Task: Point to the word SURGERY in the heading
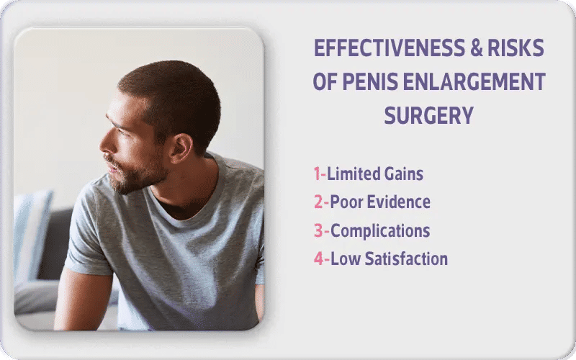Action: (429, 115)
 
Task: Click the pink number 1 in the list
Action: (317, 174)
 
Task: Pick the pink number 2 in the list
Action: (318, 202)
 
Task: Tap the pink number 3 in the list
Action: (318, 231)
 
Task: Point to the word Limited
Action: (353, 174)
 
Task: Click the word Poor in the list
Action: (346, 202)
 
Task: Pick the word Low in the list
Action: (343, 259)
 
